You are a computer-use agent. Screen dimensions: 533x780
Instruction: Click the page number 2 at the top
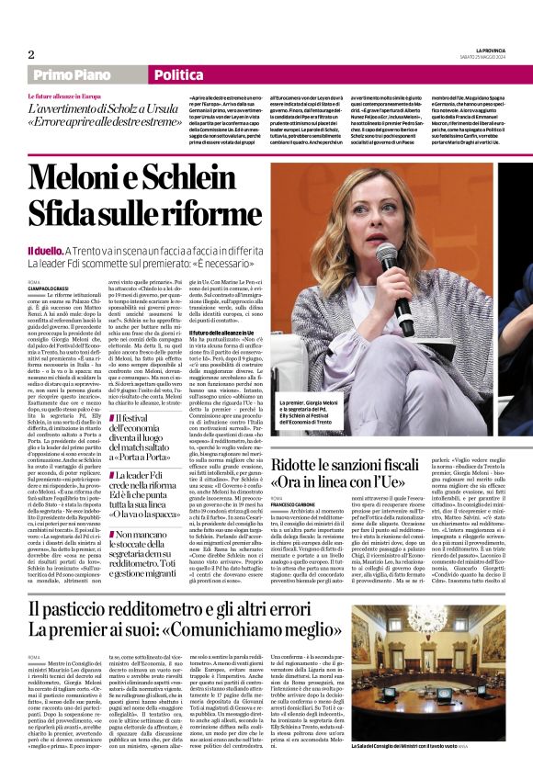coord(31,53)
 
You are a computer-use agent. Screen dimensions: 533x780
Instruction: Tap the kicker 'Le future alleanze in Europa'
coord(65,96)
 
